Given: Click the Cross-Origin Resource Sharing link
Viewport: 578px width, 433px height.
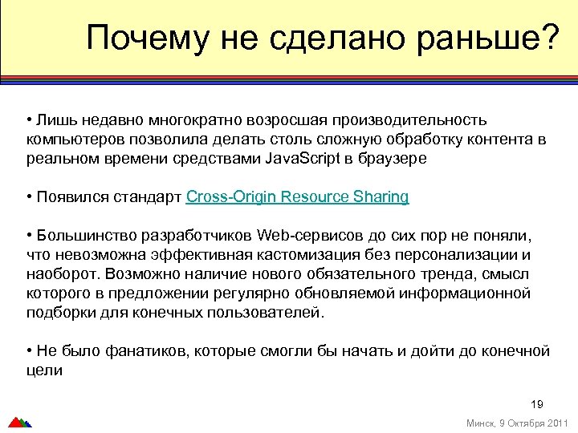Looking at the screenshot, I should tap(297, 196).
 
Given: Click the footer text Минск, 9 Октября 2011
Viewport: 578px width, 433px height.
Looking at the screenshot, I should tap(517, 423).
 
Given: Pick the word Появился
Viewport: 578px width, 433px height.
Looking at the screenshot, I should tap(66, 196).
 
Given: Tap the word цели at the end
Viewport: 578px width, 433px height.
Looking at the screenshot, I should tap(44, 370).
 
